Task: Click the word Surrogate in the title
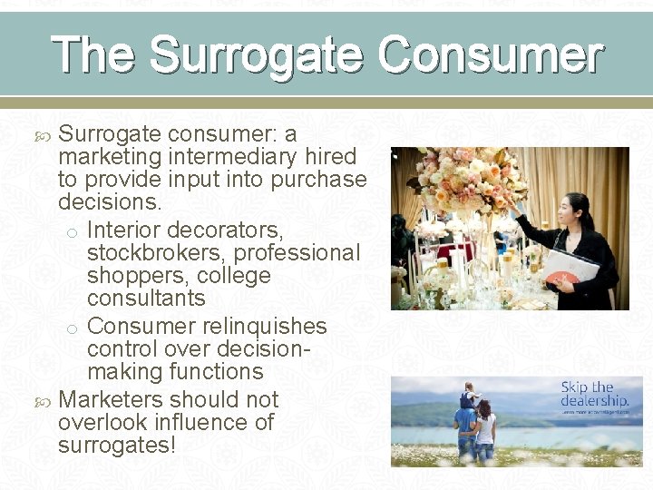258,54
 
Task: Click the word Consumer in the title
491,54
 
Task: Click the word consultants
146,299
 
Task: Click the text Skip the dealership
594,394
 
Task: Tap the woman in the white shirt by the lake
485,426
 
